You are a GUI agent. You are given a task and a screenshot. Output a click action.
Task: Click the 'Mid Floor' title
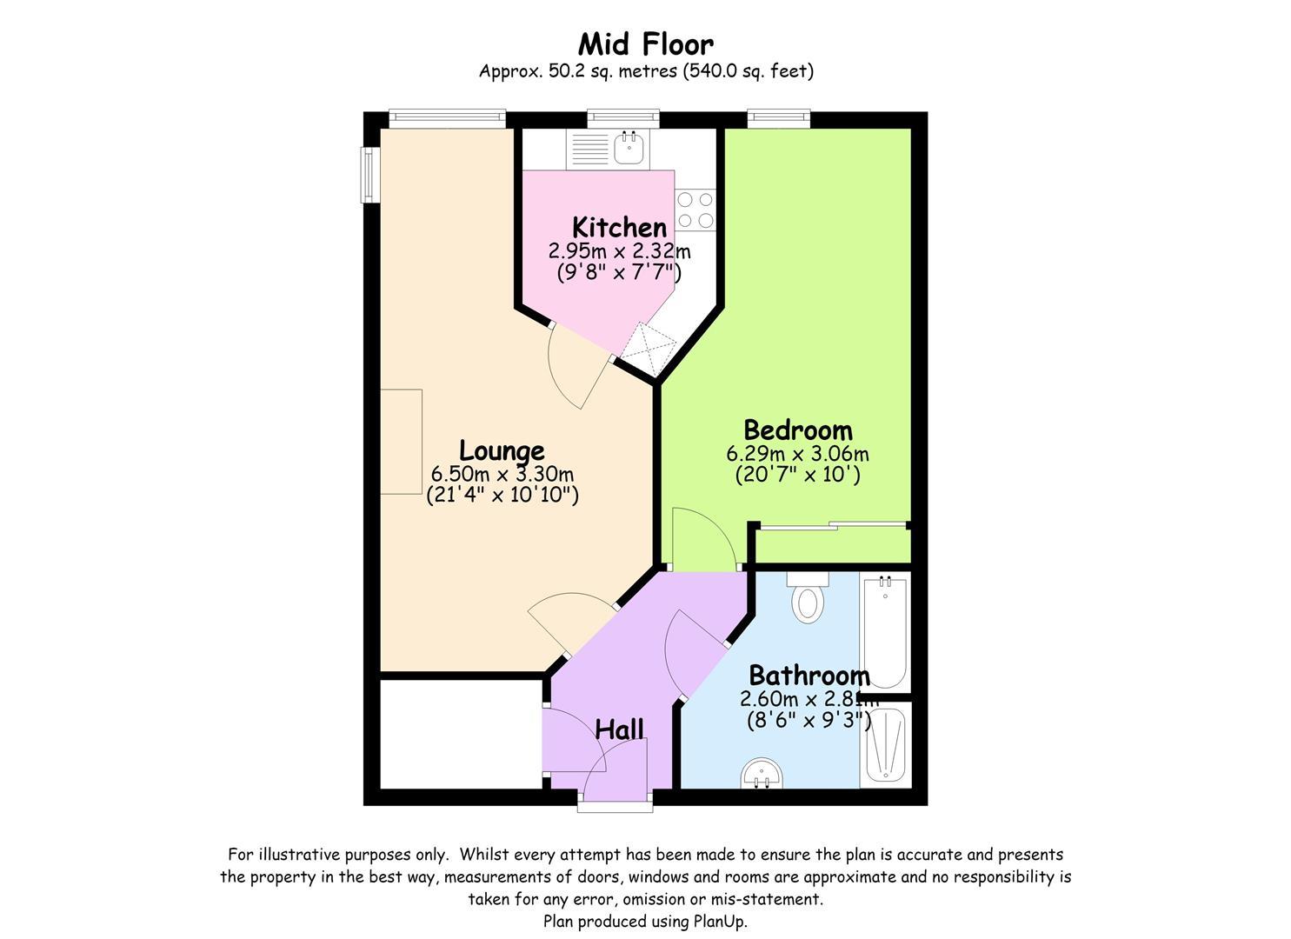(645, 43)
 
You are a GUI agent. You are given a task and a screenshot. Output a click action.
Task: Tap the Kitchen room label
(619, 228)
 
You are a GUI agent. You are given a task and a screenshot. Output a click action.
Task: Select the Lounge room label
(502, 451)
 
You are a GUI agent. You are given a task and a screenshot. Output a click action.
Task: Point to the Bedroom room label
(798, 430)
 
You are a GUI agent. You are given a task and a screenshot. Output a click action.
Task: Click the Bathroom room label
(809, 676)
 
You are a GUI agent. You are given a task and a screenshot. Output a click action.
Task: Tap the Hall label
(619, 729)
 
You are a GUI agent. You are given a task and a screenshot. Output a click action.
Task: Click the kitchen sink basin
(629, 148)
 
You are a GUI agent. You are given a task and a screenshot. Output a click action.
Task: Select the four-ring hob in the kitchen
(695, 210)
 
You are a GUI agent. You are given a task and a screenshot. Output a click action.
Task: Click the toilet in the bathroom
(808, 598)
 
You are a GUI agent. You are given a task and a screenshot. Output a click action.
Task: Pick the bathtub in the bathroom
(885, 632)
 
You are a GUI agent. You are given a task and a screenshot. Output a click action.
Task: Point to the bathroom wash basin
(762, 773)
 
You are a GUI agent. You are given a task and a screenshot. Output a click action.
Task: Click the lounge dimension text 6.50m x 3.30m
(502, 475)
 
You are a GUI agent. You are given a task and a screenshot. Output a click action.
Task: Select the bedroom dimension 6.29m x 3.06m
(798, 454)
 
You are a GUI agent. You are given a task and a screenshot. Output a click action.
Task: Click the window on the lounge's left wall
(370, 176)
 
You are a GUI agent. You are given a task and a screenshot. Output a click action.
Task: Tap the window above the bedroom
(779, 118)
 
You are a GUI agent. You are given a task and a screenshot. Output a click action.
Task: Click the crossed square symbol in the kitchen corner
(649, 350)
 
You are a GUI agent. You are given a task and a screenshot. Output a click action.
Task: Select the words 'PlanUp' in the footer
(721, 921)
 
